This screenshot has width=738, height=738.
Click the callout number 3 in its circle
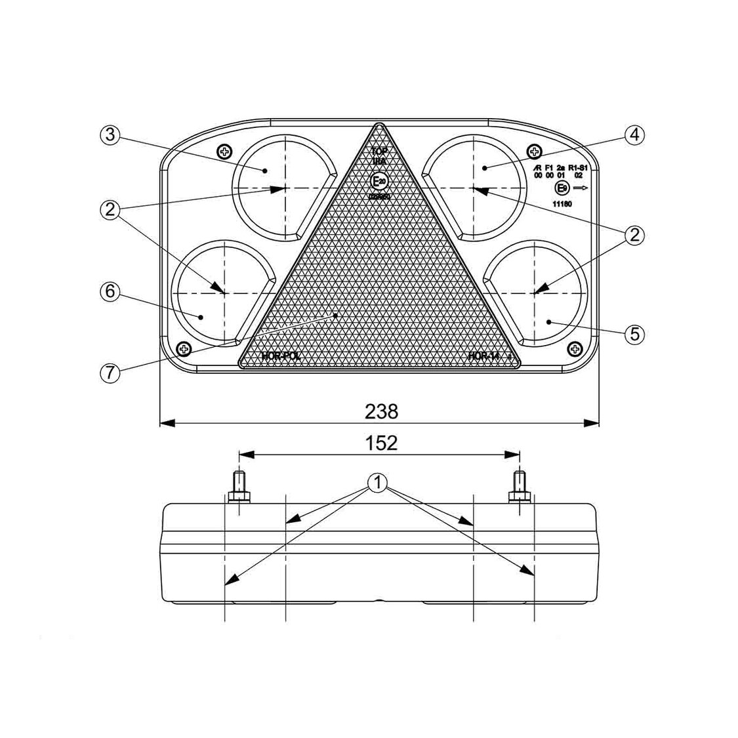coord(109,134)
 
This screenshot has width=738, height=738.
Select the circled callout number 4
coord(633,134)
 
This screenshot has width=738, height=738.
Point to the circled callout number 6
coord(109,291)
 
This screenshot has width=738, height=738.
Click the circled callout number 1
coord(378,483)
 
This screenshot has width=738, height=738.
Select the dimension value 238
coord(381,411)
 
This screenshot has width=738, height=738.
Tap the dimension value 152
coord(381,443)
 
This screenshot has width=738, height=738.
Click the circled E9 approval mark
coord(562,188)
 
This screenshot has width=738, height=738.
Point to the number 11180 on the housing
coord(562,204)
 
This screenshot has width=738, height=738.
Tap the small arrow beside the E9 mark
coord(582,188)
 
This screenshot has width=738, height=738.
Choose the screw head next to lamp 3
coord(225,152)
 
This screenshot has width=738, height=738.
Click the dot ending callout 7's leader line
coord(336,315)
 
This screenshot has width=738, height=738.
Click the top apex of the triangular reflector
coord(379,124)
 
